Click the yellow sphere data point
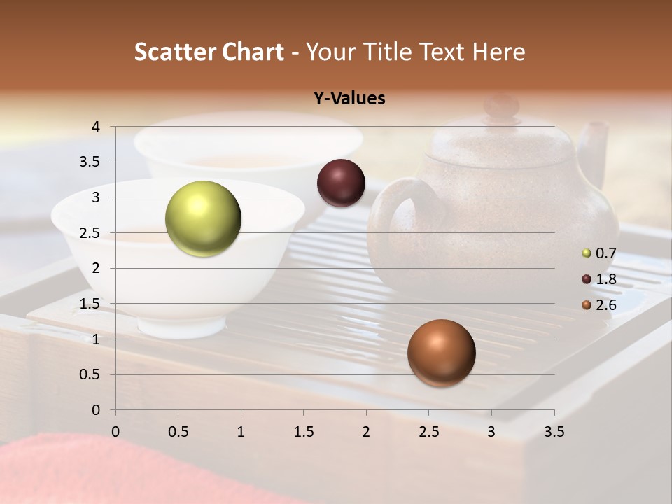click(x=203, y=218)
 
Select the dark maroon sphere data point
click(x=341, y=183)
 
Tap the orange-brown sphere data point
click(x=441, y=353)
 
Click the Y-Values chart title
click(x=349, y=99)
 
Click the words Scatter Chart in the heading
click(x=209, y=52)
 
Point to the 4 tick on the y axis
click(x=95, y=127)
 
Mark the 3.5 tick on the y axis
click(x=90, y=162)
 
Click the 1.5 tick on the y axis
click(x=90, y=304)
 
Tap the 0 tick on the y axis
click(x=95, y=410)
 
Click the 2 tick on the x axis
click(x=366, y=432)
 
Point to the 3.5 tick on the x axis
click(x=554, y=432)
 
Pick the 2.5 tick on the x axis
click(x=428, y=432)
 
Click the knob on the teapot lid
click(x=501, y=106)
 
